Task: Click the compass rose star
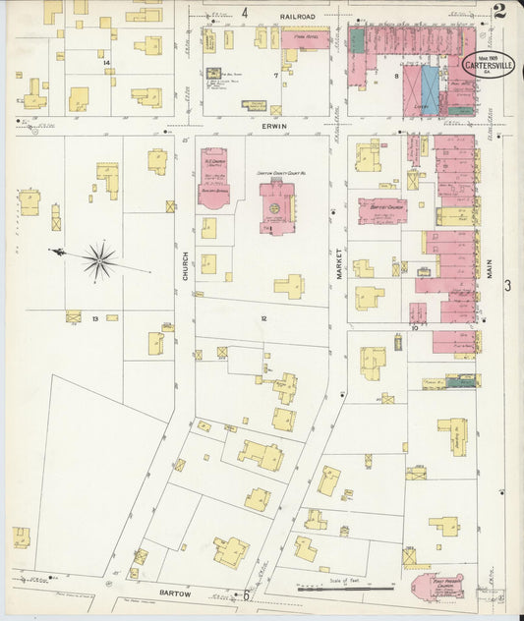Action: point(98,260)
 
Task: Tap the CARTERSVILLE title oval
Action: point(487,65)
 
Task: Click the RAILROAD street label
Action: point(296,17)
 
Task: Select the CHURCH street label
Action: point(184,268)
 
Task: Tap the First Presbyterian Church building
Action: point(437,587)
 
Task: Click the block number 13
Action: point(95,318)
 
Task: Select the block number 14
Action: point(106,62)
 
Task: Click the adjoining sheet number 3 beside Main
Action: point(507,285)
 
